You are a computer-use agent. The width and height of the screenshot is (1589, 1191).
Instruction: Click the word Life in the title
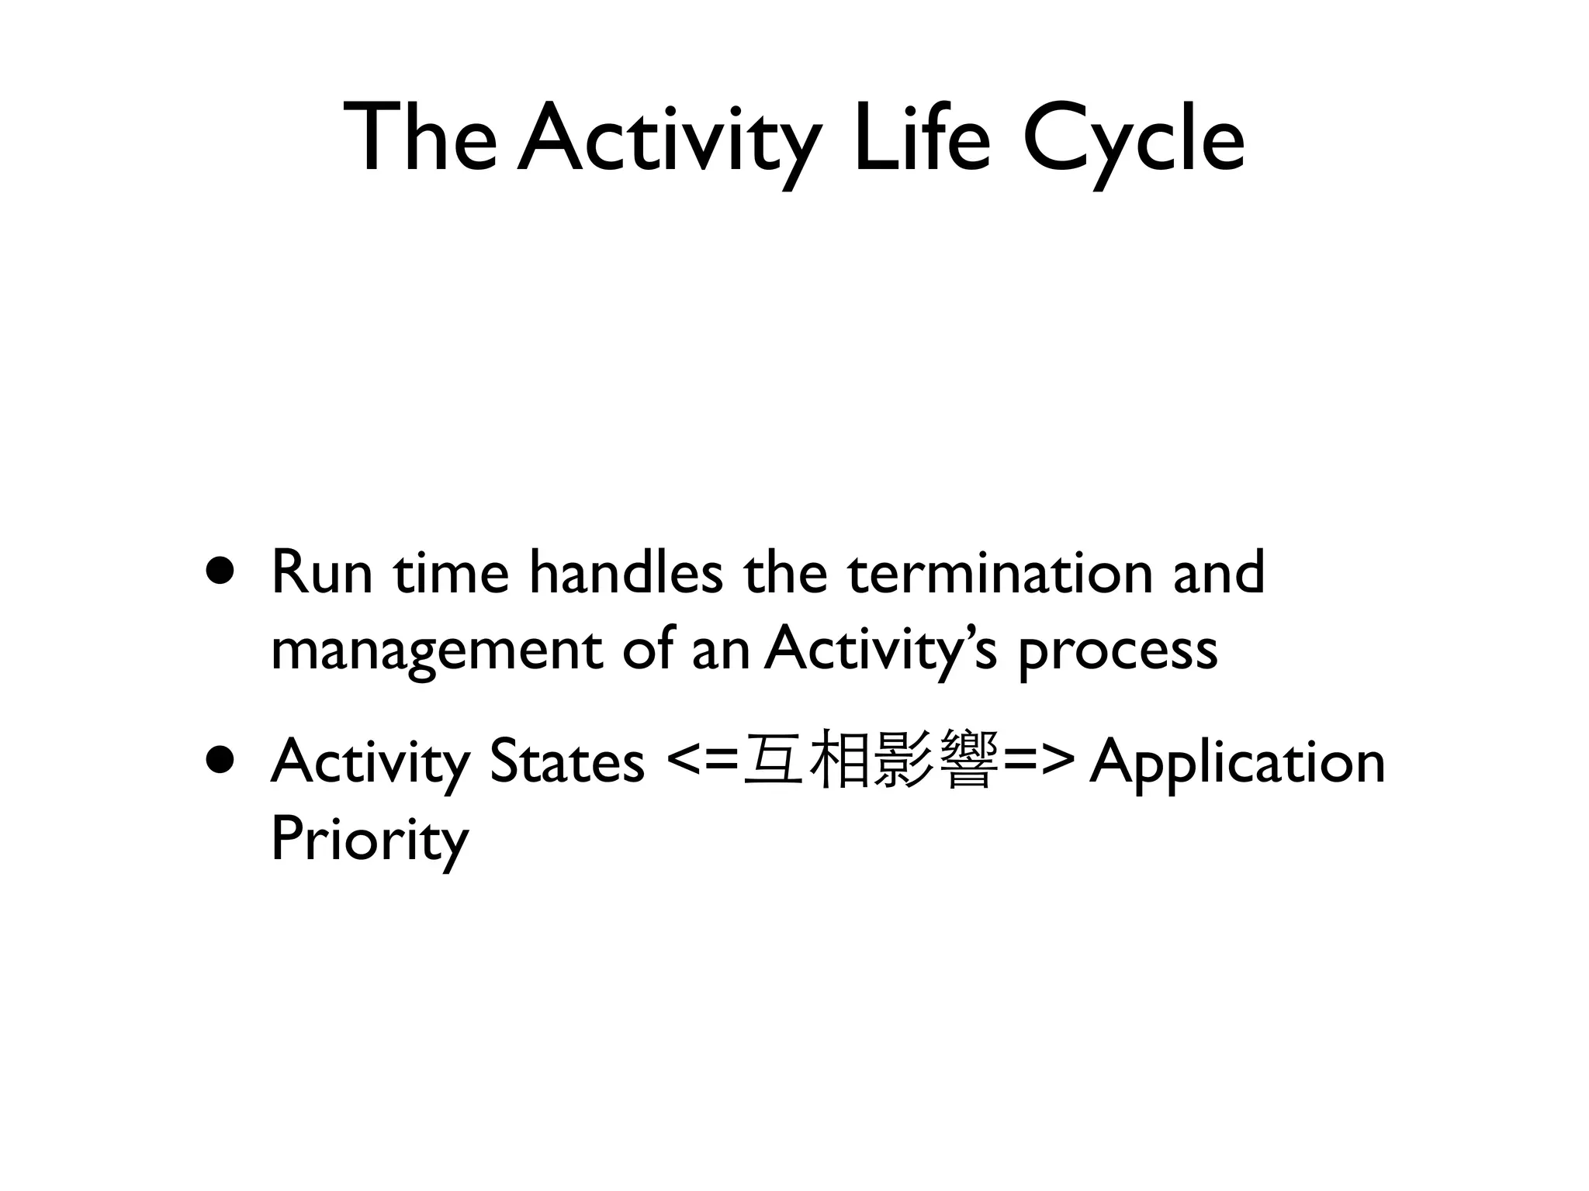(922, 138)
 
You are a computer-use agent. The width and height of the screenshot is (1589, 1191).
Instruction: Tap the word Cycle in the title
(1134, 140)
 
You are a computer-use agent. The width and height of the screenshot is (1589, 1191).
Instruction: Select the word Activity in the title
(669, 140)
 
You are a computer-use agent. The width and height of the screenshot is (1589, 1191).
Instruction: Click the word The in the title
(420, 138)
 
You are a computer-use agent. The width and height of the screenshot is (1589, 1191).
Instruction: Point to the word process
(1117, 651)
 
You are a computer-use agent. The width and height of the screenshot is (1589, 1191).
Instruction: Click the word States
(566, 761)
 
